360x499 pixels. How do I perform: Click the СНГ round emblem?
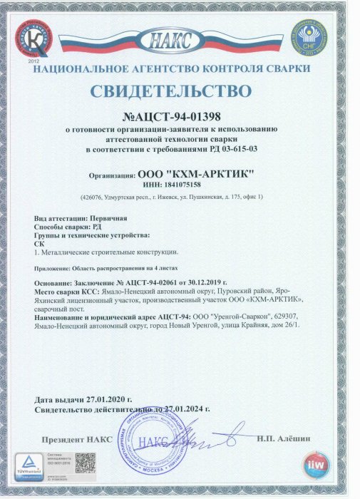point(308,39)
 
